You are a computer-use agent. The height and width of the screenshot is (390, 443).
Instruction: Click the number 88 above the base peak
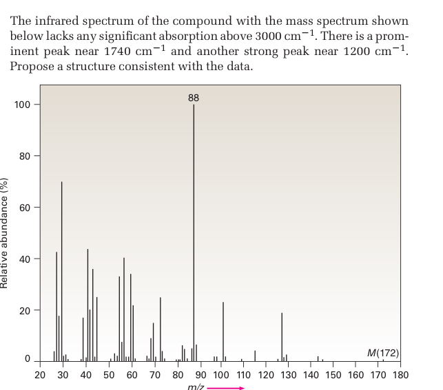click(x=194, y=97)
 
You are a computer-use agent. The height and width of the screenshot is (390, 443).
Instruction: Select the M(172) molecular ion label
click(x=383, y=353)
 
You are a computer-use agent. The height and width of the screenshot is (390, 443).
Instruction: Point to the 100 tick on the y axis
click(x=22, y=105)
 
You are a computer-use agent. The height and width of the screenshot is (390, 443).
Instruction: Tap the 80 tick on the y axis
click(x=25, y=156)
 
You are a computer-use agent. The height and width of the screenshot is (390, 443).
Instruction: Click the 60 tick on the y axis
click(x=25, y=208)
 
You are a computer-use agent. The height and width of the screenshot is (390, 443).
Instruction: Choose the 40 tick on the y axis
click(x=25, y=259)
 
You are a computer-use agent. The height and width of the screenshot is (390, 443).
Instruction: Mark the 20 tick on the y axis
click(x=25, y=311)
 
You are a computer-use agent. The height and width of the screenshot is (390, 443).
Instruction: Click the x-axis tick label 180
click(x=400, y=375)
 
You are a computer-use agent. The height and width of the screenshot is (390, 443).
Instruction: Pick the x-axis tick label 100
click(x=220, y=375)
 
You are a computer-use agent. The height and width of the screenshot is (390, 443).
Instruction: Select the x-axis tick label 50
click(x=109, y=375)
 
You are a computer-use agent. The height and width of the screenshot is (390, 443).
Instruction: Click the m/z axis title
click(x=196, y=387)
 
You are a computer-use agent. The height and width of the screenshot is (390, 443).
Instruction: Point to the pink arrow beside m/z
click(x=227, y=387)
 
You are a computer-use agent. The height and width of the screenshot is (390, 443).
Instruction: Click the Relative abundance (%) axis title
click(x=6, y=234)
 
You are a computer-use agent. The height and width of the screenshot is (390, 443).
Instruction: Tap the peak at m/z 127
click(x=282, y=337)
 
